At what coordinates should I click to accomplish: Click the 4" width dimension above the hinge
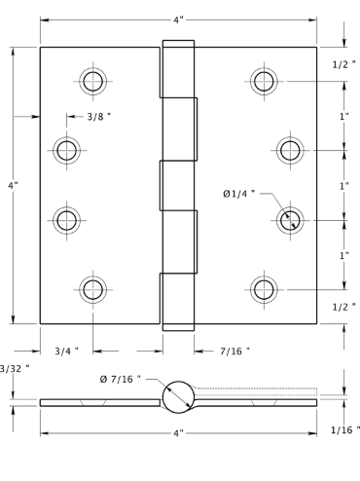tap(178, 20)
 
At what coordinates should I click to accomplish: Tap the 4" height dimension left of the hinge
tap(13, 185)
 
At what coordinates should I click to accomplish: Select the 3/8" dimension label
tap(99, 117)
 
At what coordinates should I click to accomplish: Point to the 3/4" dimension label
tap(66, 351)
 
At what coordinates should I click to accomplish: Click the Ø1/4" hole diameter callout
tap(239, 194)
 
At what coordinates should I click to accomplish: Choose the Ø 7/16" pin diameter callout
tap(121, 379)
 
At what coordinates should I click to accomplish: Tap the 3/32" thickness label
tap(15, 369)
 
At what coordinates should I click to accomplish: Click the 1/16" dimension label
tap(345, 430)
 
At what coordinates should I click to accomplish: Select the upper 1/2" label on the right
tap(344, 64)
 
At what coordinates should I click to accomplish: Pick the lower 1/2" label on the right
tap(344, 307)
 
